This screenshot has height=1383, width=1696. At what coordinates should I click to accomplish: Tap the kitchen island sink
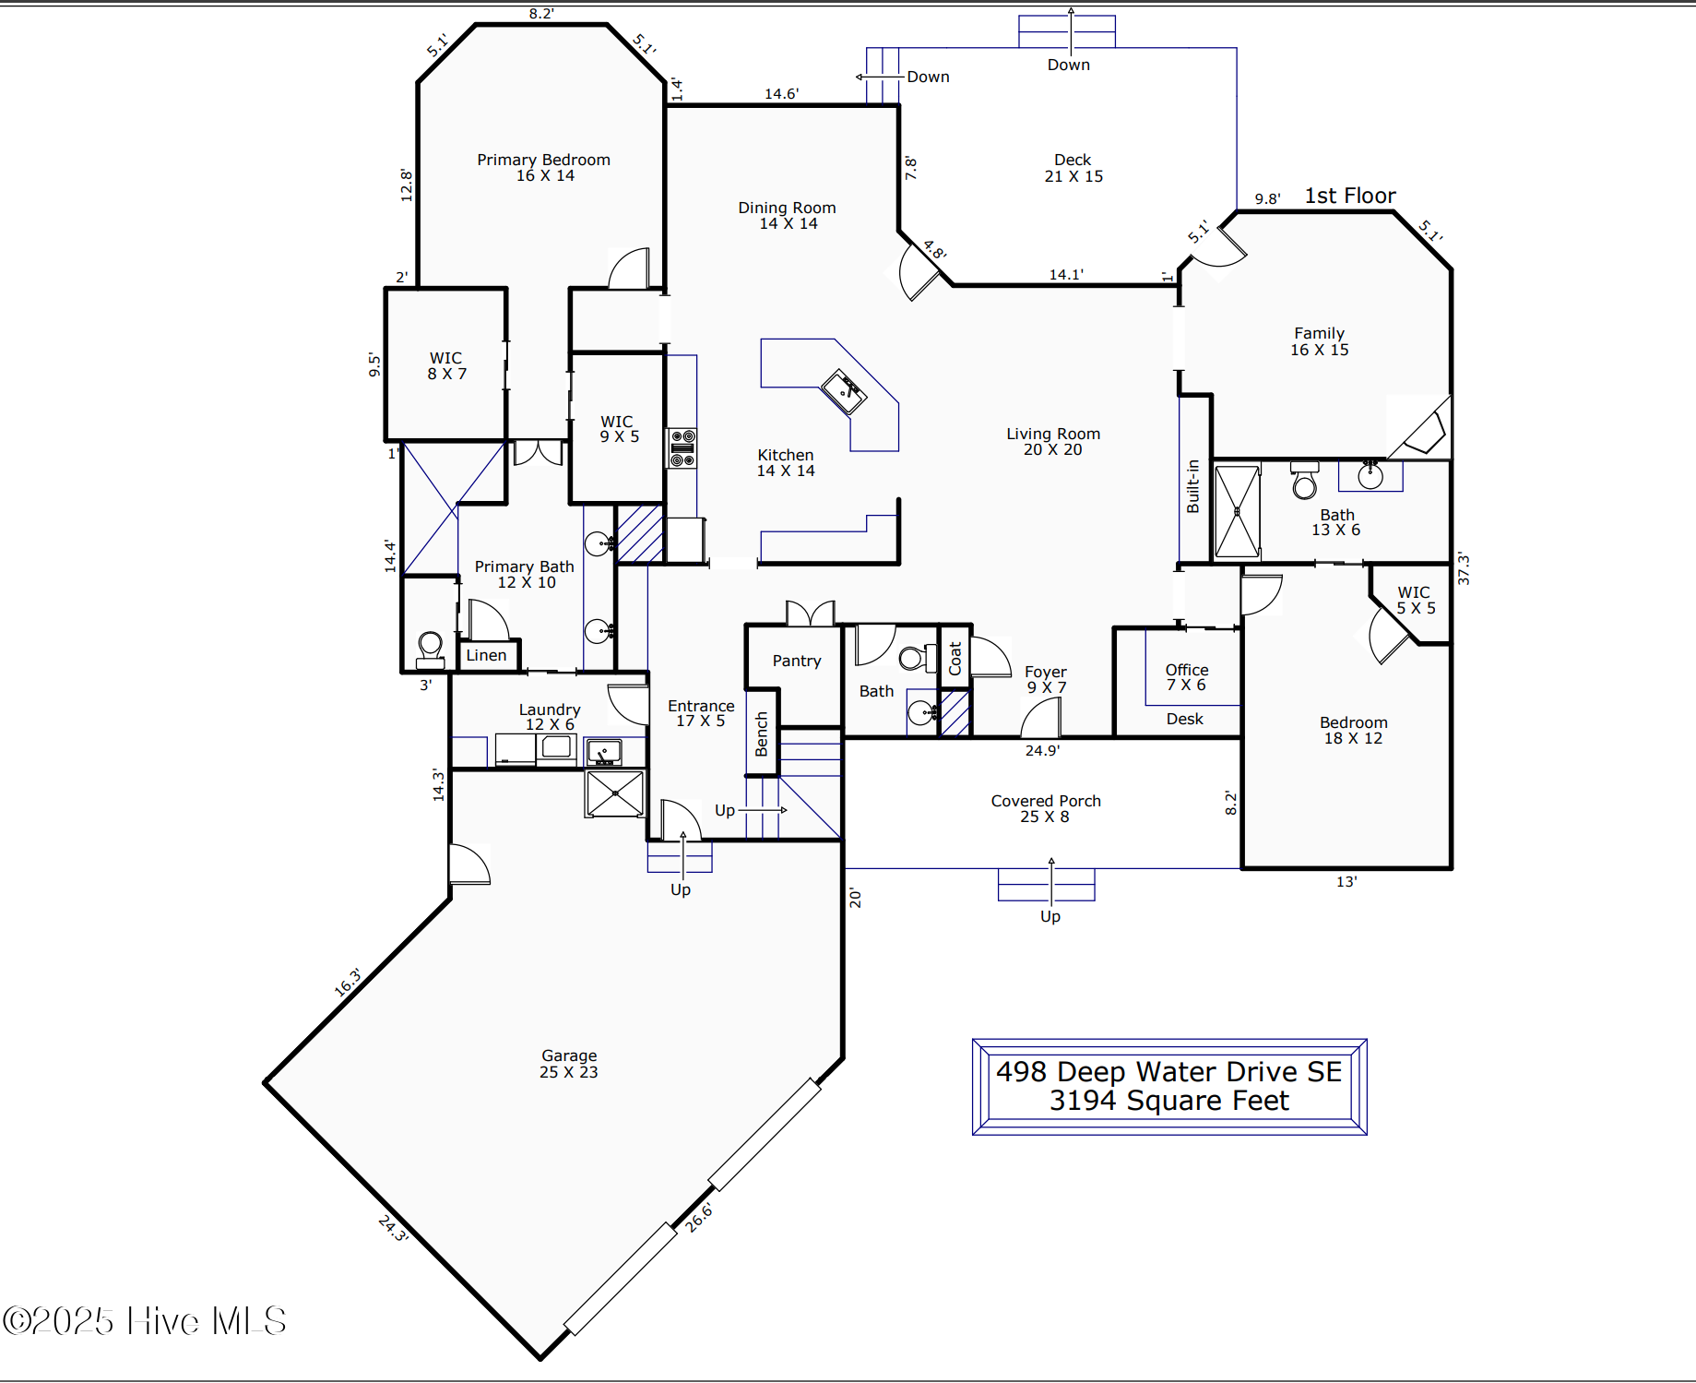844,391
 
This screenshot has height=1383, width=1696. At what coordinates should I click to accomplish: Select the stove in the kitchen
682,447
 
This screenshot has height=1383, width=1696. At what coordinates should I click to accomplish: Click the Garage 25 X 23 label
569,1064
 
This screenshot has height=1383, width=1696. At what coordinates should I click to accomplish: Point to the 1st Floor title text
1349,196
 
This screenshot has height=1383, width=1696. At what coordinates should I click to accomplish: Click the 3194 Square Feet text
1168,1101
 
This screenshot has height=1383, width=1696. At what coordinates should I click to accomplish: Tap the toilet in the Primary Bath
430,646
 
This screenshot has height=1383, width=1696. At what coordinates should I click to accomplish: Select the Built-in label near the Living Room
1192,486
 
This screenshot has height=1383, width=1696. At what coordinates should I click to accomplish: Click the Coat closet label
955,657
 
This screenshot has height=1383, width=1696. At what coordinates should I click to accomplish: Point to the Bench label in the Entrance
762,733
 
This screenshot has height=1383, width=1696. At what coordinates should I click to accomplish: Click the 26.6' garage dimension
699,1217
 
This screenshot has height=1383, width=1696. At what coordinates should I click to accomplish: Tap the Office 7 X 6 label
1186,677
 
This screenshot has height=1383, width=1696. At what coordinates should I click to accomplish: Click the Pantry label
797,661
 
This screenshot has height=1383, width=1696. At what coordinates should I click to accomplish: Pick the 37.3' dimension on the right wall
1464,568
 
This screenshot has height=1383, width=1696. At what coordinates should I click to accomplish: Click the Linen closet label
486,655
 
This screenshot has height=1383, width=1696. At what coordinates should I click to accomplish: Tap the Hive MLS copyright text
145,1321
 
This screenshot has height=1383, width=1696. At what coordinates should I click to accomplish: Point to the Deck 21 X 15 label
1073,168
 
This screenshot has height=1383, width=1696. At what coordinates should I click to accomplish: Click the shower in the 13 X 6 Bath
1237,512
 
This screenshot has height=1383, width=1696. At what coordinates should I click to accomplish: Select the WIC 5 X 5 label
1415,600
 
